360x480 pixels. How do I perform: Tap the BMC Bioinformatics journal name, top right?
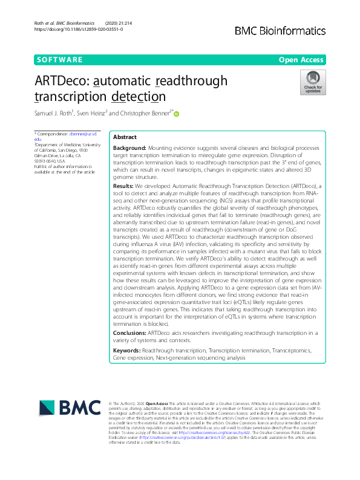coord(281,30)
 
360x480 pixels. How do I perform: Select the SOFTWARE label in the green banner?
coord(59,59)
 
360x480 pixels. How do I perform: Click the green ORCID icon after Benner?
coord(177,113)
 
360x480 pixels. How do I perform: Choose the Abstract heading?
coord(125,137)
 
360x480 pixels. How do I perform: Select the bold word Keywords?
coord(126,350)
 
